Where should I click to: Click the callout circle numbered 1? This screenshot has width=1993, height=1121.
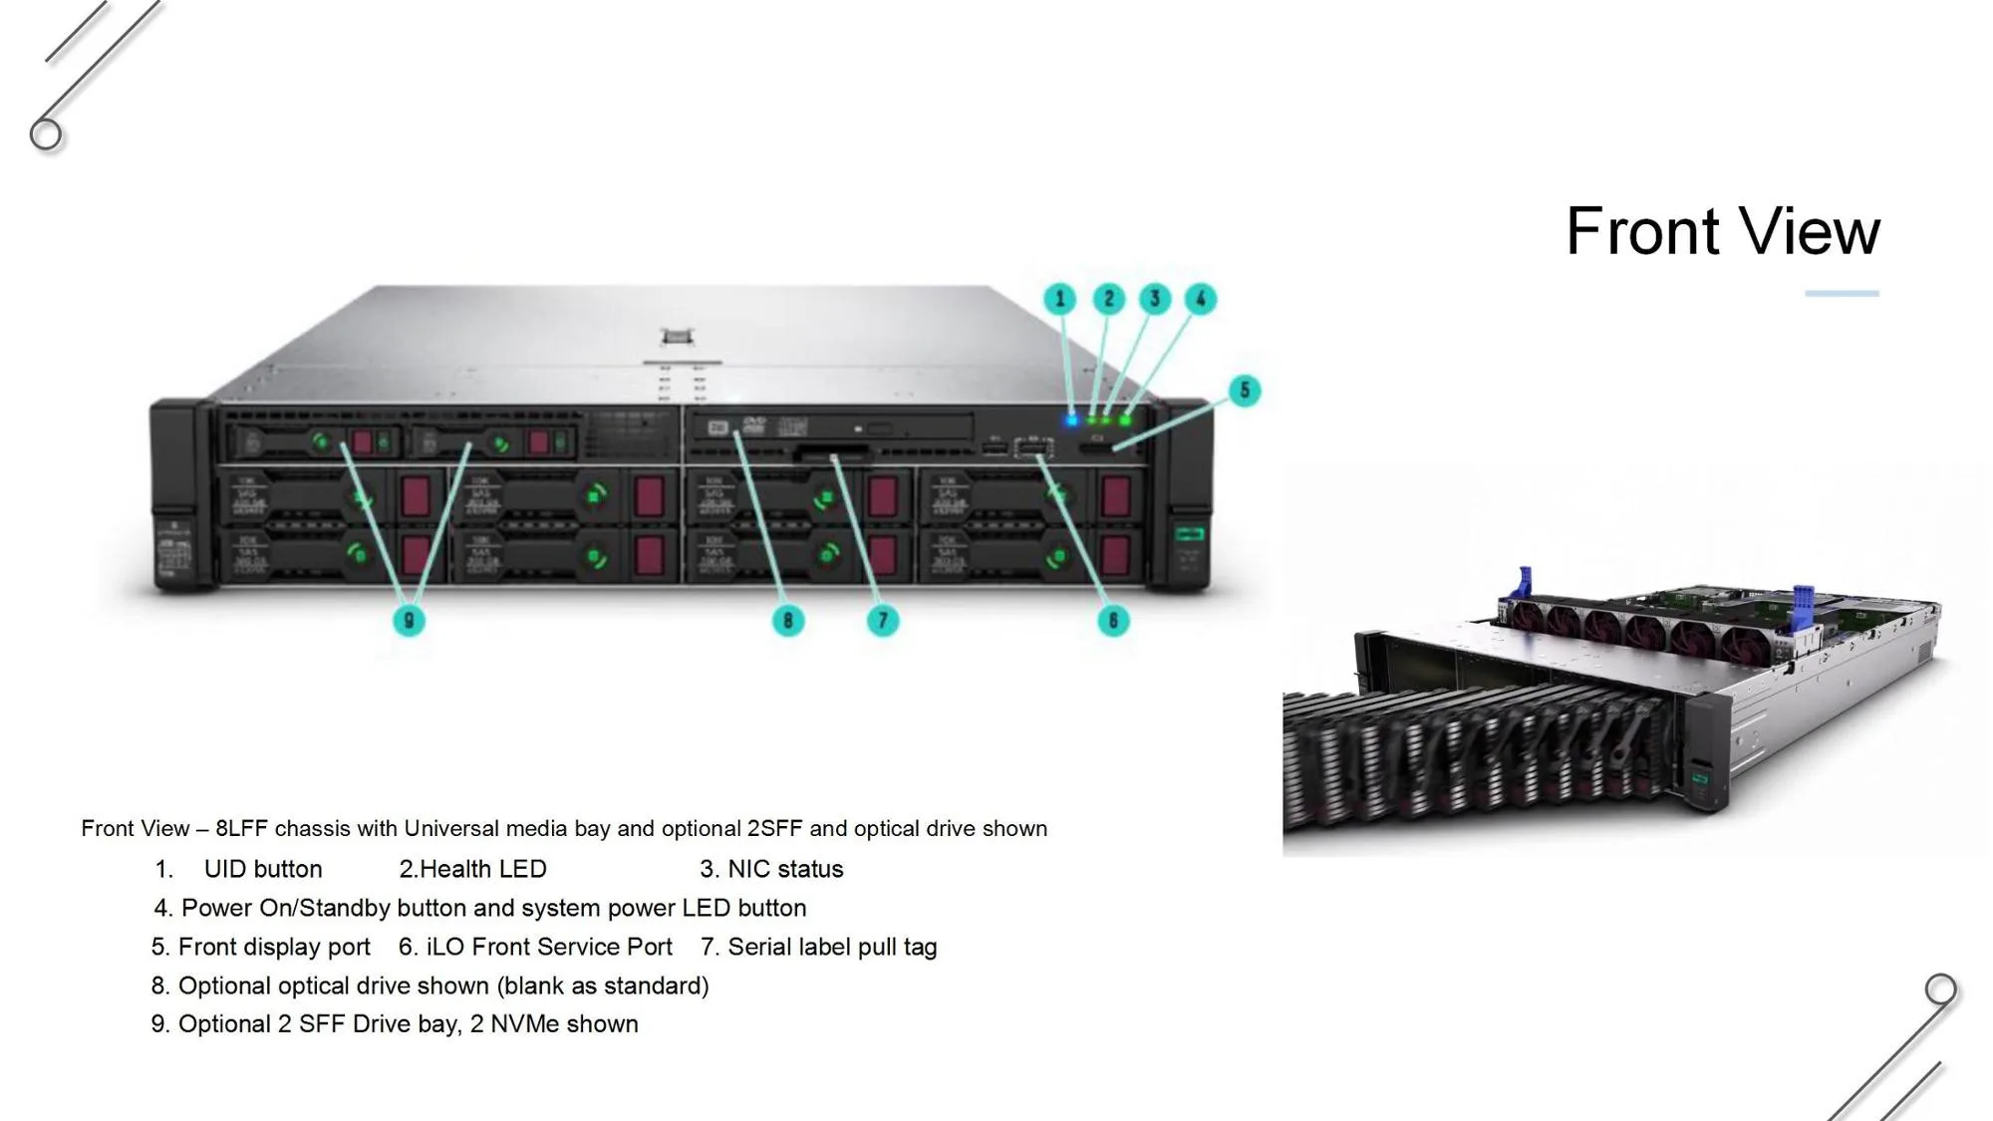click(1059, 298)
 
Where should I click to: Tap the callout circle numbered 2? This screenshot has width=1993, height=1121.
click(1108, 298)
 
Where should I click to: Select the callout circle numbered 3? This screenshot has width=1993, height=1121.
click(1155, 298)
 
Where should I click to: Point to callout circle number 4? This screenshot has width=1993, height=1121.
click(1201, 298)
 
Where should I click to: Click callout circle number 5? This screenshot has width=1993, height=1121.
click(1244, 391)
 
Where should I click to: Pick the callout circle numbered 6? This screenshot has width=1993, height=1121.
click(1113, 621)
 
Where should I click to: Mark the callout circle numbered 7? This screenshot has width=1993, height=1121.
click(882, 621)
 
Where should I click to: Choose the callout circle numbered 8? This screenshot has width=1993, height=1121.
click(788, 621)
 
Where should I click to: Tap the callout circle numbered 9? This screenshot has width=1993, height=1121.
click(409, 621)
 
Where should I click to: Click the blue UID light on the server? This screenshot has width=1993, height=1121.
click(1071, 420)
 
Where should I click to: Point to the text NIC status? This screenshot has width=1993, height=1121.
click(785, 869)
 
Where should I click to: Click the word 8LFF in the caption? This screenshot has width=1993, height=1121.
click(242, 828)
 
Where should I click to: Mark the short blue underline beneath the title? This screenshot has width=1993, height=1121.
click(1842, 293)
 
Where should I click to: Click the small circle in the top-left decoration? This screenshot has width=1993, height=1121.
click(46, 134)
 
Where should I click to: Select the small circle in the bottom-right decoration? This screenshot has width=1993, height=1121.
click(1940, 989)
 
